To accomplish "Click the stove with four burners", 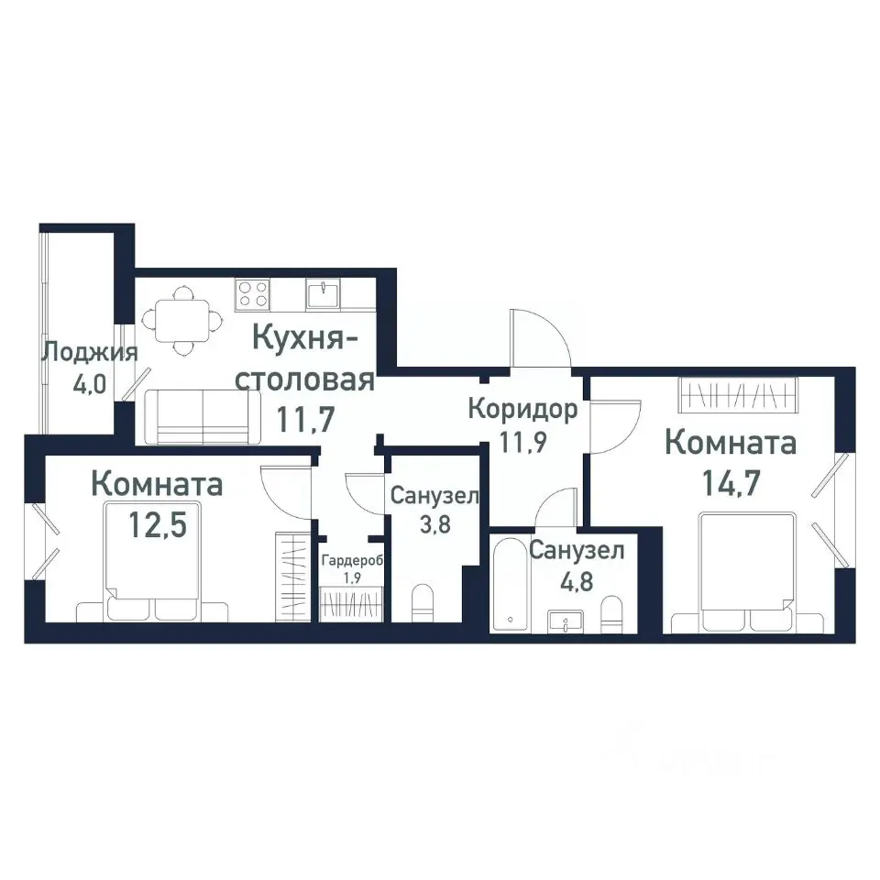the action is point(253,294).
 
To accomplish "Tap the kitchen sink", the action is point(323,294).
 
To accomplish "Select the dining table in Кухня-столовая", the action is point(181,321).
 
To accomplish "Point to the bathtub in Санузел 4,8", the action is point(511,584).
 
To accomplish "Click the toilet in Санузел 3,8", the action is point(423,603).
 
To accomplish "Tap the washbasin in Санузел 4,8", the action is point(566,621).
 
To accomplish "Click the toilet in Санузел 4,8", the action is point(611,613).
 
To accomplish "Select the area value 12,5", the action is point(158,524).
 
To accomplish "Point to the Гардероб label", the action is point(352,561).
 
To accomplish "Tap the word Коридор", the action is point(523,409).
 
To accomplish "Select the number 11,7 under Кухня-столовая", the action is point(306,419).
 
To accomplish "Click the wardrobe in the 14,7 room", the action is point(737,395).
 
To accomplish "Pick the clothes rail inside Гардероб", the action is point(351,604).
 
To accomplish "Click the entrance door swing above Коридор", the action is point(541,337).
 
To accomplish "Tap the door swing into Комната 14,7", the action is point(616,426).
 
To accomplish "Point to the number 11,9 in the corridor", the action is point(523,442).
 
